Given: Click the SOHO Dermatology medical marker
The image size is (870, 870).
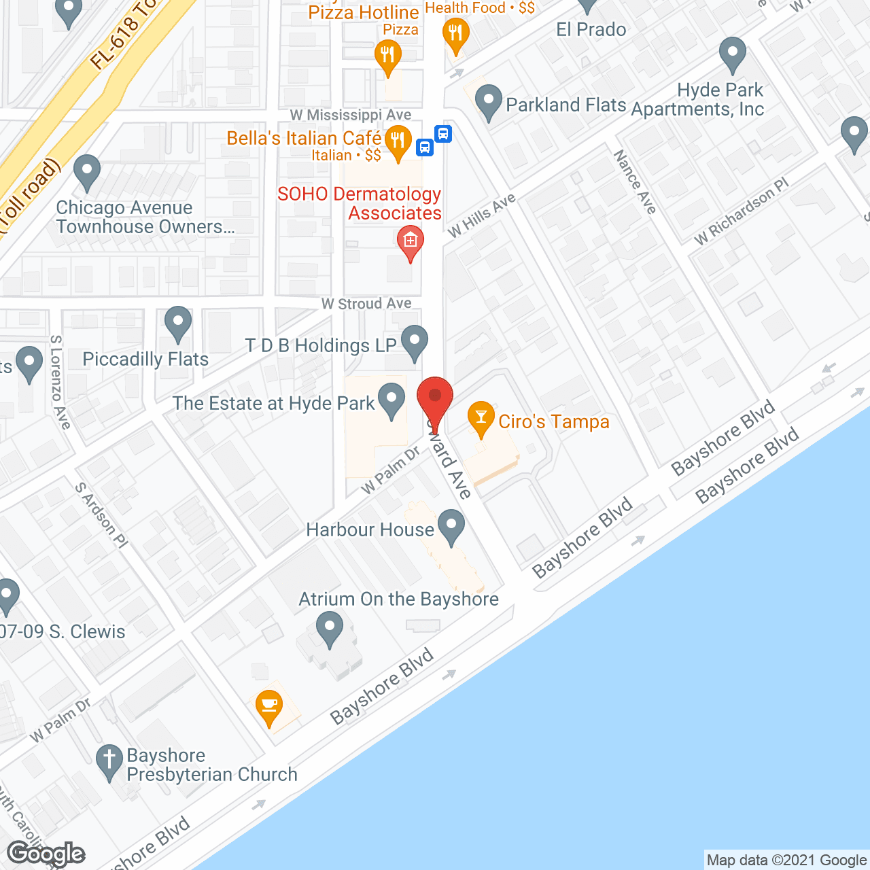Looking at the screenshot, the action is (410, 243).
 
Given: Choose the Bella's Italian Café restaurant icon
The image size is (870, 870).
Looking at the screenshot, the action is (398, 141).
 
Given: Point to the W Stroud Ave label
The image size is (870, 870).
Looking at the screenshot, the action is (366, 304).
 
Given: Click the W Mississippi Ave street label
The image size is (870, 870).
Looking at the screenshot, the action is (350, 115).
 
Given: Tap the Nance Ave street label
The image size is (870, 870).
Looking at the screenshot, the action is (635, 181).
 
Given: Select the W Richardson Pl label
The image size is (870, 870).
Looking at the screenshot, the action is (742, 211).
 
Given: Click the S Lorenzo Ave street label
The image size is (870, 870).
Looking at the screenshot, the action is (60, 382).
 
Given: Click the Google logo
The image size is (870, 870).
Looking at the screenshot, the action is (46, 854).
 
